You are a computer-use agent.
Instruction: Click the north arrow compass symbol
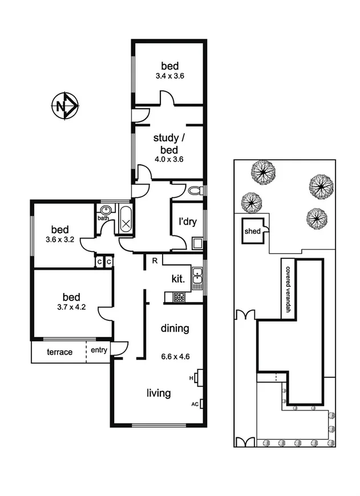point(66,105)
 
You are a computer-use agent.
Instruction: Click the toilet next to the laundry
point(194,190)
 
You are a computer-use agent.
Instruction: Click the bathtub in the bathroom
point(126,221)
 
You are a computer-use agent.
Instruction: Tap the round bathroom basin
point(105,209)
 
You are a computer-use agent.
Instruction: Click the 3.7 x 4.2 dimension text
point(71,307)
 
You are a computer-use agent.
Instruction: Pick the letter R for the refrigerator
point(154,261)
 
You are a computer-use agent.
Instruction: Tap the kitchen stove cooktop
point(179,297)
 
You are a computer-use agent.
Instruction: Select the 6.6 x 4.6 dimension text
point(175,357)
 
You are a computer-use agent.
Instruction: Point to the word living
point(159,393)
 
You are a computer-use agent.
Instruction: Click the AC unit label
point(195,404)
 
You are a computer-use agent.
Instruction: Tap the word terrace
point(60,352)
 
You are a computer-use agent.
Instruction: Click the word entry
point(99,351)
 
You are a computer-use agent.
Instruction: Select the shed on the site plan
point(252,231)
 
